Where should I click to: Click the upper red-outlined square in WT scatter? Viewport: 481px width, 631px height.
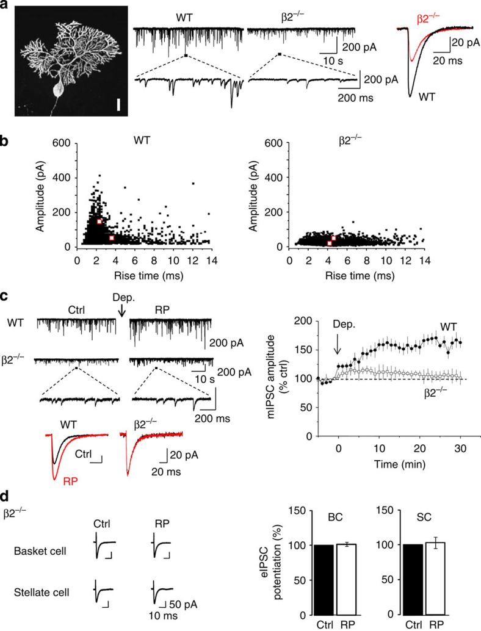click(99, 221)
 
